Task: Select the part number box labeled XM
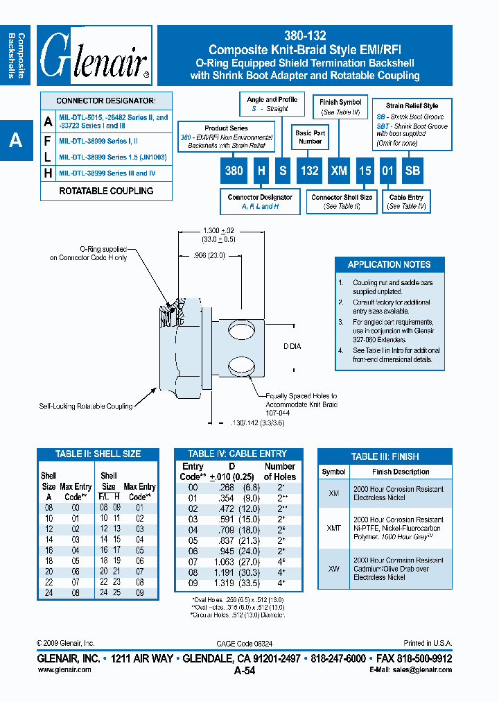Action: click(339, 171)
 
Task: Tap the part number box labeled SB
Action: click(412, 171)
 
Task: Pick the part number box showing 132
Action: click(309, 171)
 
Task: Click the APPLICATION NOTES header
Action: click(389, 264)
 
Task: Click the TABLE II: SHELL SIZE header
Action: click(98, 454)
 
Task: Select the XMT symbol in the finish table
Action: click(333, 528)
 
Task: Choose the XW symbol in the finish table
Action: click(333, 568)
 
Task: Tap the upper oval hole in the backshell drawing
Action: click(244, 328)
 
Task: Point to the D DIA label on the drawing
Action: click(292, 346)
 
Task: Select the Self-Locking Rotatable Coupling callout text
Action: click(86, 406)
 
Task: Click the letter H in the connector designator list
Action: click(48, 173)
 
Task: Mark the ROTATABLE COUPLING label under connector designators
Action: click(106, 191)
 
